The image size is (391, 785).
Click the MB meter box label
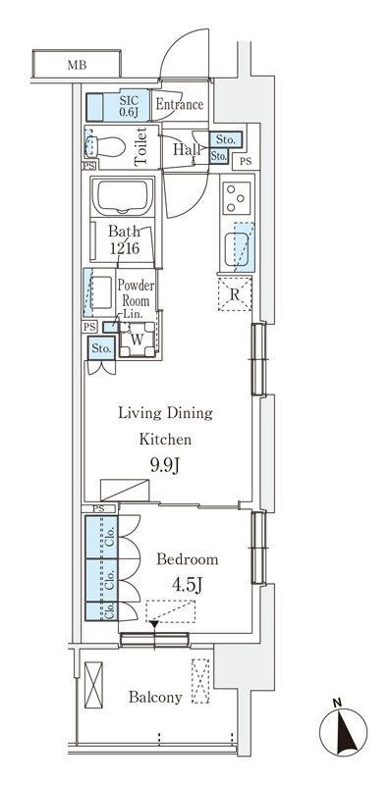click(x=77, y=65)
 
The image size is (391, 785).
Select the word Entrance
click(x=180, y=105)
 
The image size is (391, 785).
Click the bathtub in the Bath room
click(x=123, y=197)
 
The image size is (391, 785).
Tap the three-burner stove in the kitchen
click(x=237, y=198)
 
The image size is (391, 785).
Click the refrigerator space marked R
click(x=235, y=293)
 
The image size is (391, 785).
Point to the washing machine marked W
click(x=137, y=339)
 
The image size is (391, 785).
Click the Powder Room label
click(x=136, y=293)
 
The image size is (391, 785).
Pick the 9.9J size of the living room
click(x=165, y=466)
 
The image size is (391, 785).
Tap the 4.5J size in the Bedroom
click(x=187, y=585)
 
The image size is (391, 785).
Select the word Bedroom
click(x=188, y=559)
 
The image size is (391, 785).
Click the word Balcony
click(x=155, y=698)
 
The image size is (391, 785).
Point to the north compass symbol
click(x=344, y=731)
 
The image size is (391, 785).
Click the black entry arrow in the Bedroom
click(x=154, y=624)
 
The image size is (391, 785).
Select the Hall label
click(x=187, y=149)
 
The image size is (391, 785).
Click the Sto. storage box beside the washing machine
click(x=102, y=348)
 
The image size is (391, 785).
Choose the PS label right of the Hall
click(x=246, y=161)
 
